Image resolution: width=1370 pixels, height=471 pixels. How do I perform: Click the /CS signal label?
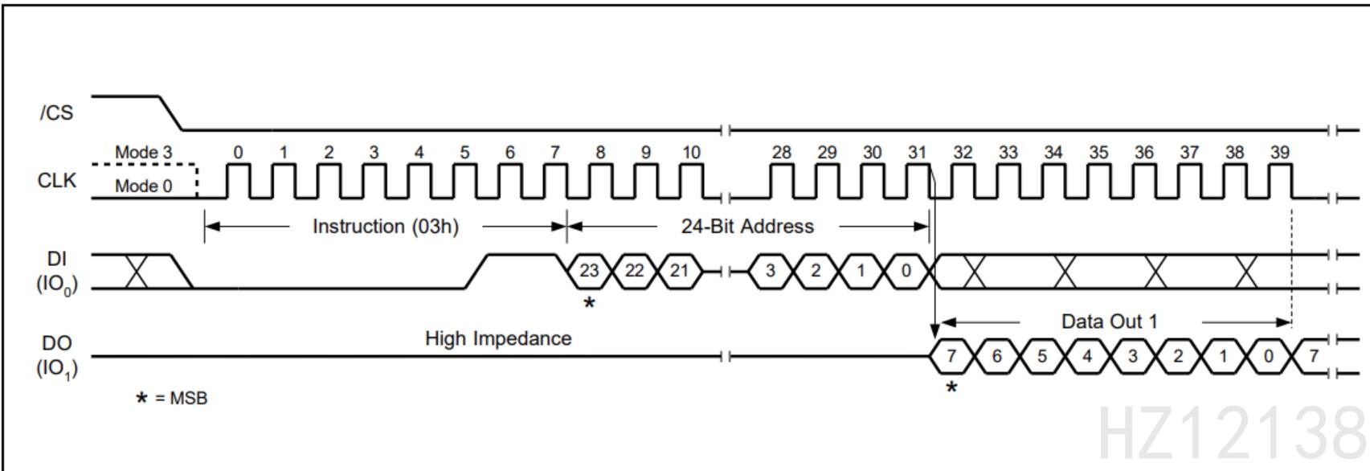56,113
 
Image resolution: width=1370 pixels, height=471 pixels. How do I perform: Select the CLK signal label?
57,180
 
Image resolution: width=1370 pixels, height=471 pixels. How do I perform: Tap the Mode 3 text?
143,152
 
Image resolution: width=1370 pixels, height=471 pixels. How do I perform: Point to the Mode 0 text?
143,186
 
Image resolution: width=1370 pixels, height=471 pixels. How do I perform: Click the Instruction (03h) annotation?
386,226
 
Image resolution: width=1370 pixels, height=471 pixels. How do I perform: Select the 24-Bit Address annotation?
747,226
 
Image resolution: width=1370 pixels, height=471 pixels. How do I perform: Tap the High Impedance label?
498,338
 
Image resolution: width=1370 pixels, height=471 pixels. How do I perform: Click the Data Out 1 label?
1110,322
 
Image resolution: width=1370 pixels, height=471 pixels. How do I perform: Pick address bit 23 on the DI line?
589,271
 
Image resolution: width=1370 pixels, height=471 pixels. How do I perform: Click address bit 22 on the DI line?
635,271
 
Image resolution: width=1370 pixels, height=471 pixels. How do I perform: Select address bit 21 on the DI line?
680,271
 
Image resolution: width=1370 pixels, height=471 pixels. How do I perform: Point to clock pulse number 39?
1280,152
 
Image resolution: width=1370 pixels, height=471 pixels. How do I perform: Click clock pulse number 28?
781,152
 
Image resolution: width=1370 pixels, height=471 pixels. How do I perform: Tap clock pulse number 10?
691,152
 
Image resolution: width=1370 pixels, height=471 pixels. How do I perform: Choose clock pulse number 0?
238,152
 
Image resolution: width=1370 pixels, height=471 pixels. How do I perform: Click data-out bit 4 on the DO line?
1087,356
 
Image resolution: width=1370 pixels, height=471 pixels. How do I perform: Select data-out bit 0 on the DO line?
1269,356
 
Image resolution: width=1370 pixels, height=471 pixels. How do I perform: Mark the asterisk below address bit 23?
589,303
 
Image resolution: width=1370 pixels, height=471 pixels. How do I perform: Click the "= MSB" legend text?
181,398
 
